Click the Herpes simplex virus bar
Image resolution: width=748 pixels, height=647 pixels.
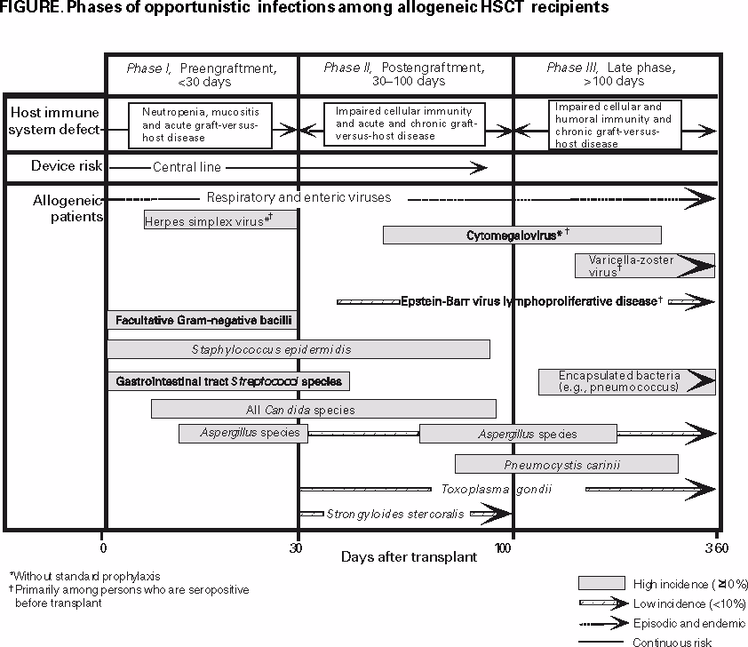point(220,220)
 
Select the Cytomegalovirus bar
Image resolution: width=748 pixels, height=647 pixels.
point(521,236)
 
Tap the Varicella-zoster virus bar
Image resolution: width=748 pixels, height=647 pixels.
point(643,266)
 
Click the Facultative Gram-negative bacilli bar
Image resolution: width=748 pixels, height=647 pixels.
point(202,319)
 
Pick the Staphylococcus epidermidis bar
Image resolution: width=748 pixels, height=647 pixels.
point(298,350)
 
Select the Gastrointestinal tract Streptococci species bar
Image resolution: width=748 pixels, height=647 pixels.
point(228,381)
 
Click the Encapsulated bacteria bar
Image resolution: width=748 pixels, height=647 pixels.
point(625,381)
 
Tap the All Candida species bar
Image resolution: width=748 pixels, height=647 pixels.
point(323,410)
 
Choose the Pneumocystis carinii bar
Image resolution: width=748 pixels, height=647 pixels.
point(566,464)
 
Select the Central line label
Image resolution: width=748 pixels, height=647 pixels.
point(187,167)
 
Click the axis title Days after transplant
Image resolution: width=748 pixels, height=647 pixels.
point(409,557)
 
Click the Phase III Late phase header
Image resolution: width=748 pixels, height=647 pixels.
point(611,74)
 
